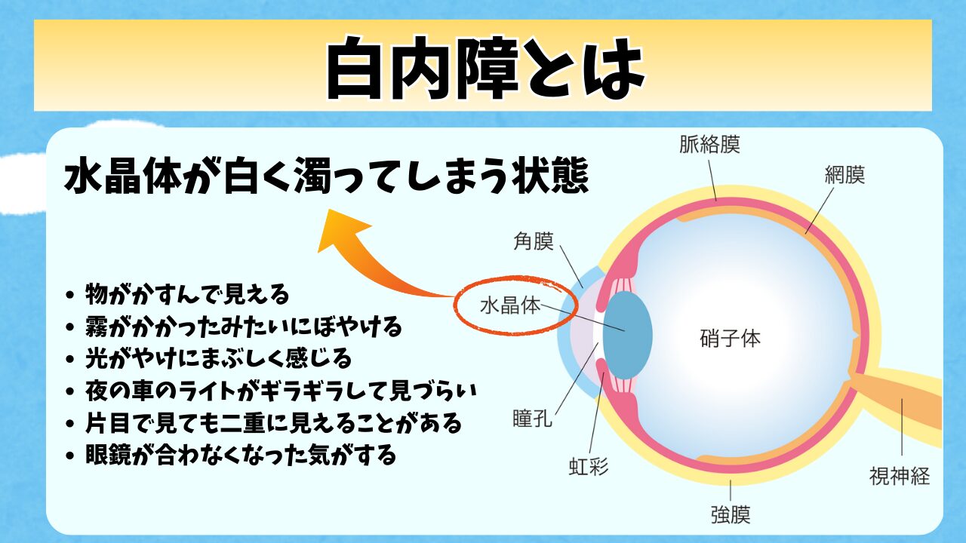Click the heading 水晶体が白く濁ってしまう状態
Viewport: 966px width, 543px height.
[x=327, y=176]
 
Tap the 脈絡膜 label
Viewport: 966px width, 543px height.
[x=709, y=144]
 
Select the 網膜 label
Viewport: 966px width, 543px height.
[x=844, y=175]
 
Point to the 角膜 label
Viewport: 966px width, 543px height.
[x=534, y=241]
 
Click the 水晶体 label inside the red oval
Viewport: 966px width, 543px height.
[x=510, y=305]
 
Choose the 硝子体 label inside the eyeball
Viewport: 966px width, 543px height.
[x=730, y=339]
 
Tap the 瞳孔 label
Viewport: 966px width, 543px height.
[x=533, y=418]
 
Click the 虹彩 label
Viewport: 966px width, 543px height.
[x=589, y=467]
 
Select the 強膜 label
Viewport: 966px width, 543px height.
[x=731, y=514]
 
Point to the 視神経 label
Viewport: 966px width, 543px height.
[x=899, y=476]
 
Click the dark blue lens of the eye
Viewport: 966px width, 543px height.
[x=627, y=336]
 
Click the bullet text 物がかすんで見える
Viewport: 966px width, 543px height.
[x=187, y=294]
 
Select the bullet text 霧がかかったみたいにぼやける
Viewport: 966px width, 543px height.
[x=244, y=327]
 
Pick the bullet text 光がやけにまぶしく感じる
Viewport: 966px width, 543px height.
[x=218, y=358]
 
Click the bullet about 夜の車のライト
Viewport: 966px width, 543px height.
[x=281, y=391]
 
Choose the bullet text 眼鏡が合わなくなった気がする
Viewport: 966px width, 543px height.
[x=241, y=455]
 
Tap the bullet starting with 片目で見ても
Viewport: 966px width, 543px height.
[x=273, y=423]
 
